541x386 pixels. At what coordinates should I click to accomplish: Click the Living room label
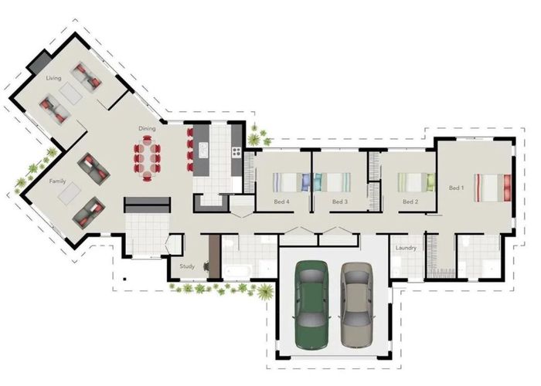tap(53, 78)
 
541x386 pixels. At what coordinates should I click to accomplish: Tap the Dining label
tap(147, 128)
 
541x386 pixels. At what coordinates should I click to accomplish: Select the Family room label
tap(57, 181)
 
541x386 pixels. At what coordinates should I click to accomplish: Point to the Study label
tap(187, 266)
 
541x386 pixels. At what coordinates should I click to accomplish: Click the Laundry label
tap(406, 248)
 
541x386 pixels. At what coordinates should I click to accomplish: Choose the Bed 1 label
tap(456, 188)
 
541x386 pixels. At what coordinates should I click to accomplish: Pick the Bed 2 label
tap(410, 202)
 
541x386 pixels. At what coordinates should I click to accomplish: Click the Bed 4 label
tap(282, 202)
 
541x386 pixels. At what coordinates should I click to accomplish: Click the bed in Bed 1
tap(493, 186)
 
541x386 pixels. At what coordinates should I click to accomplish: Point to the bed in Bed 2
tap(417, 182)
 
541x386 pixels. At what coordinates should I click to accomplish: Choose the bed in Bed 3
tap(333, 182)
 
